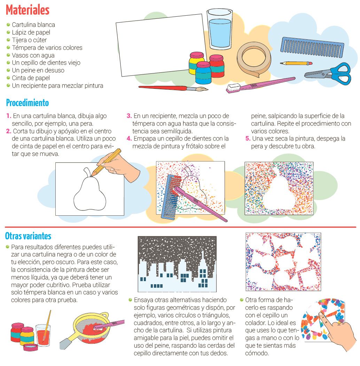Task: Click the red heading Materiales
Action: [28, 10]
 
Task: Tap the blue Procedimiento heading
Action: [28, 103]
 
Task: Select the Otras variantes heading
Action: [28, 236]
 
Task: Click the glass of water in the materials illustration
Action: [219, 29]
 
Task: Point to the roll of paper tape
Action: [254, 59]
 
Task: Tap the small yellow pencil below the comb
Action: [296, 63]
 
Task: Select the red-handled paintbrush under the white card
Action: [173, 88]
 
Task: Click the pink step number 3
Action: [129, 116]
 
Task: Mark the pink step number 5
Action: [248, 138]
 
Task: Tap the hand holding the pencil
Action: [119, 167]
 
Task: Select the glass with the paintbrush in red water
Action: [43, 334]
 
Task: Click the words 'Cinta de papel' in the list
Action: [31, 78]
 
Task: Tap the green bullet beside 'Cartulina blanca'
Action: [8, 24]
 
